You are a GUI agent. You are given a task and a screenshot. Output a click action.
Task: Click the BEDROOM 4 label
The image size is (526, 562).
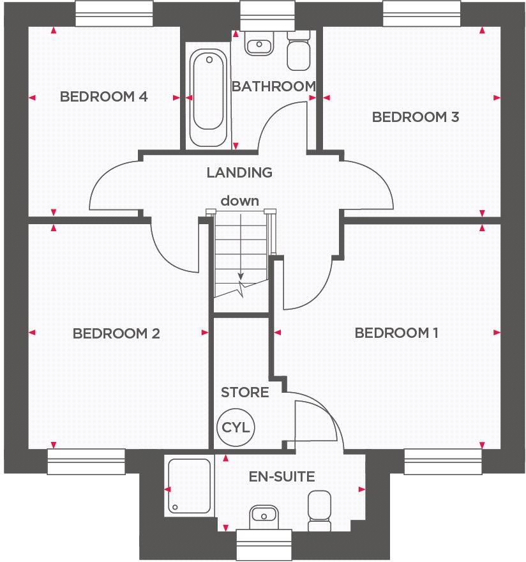coord(103,97)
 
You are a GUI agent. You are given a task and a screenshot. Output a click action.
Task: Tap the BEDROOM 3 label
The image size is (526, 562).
coord(416,117)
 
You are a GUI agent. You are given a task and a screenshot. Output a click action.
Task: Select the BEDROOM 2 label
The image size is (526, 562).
coord(116,333)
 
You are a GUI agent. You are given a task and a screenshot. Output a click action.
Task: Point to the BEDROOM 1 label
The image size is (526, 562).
coord(396,333)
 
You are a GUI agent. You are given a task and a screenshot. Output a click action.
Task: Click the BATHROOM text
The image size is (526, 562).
coord(273,86)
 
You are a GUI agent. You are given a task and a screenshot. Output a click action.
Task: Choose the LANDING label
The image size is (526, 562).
coord(239,172)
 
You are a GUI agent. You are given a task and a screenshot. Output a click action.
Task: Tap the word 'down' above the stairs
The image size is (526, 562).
coord(240,201)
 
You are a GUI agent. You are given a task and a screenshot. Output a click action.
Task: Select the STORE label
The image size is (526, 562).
coord(244,392)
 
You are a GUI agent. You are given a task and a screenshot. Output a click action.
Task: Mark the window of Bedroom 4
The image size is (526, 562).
coord(114,13)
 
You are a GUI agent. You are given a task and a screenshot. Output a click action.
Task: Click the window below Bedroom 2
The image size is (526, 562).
coord(86,461)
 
